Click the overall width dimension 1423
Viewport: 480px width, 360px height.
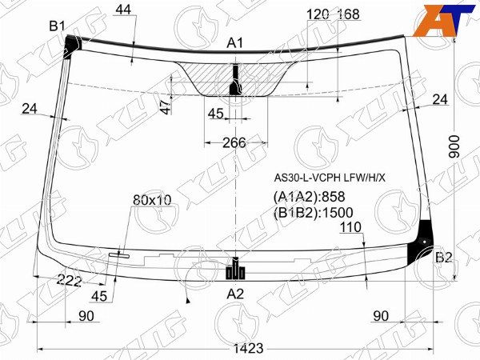point(248,349)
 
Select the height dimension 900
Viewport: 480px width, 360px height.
point(454,146)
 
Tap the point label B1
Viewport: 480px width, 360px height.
point(58,26)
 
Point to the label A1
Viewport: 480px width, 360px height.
point(234,43)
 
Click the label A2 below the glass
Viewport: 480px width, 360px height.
point(235,294)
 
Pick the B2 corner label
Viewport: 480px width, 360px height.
point(443,258)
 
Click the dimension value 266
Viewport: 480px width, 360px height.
point(234,142)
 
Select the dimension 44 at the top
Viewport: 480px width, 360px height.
point(123,10)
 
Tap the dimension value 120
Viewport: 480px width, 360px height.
point(318,14)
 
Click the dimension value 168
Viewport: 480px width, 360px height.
point(348,14)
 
